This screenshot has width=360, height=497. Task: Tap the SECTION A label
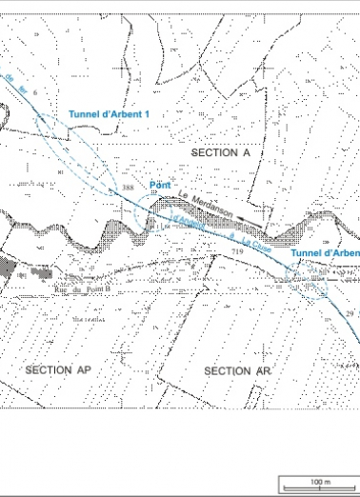coord(220,152)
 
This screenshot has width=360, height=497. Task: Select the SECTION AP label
coord(56,369)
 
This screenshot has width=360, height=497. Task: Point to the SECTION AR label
coord(228,370)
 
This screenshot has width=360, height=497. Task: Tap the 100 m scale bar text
coord(320,482)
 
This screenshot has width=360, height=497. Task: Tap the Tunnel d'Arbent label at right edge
coord(324,253)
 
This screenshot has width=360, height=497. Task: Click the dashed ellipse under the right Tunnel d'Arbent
coord(310,280)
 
